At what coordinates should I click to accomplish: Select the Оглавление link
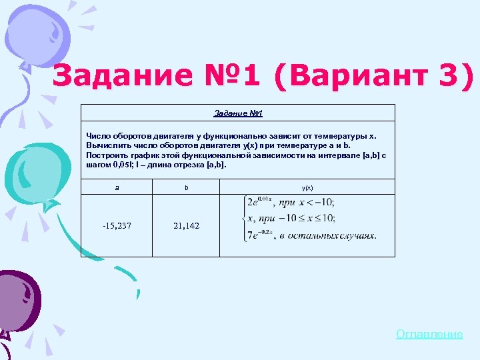click(429, 334)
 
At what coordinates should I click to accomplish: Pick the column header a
click(117, 188)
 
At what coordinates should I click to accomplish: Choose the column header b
click(186, 188)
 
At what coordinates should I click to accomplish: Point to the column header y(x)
click(307, 188)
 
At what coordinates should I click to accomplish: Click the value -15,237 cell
click(117, 225)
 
